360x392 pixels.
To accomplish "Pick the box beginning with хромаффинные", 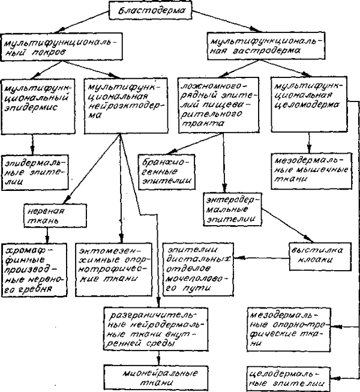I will click(x=34, y=270).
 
